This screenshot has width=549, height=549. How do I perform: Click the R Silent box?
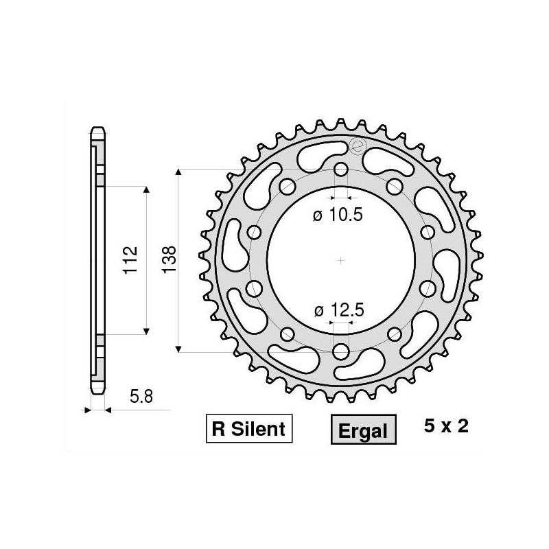point(248,430)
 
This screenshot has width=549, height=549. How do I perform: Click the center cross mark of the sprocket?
point(341,260)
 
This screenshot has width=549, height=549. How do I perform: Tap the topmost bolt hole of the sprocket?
point(341,170)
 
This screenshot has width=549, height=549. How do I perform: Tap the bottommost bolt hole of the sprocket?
point(341,351)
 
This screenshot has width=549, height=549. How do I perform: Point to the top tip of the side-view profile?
point(97,128)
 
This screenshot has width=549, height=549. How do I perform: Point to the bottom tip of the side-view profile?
point(97,393)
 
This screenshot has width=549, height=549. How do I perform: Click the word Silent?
point(259,430)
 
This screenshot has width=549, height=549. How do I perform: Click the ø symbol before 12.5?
point(318,311)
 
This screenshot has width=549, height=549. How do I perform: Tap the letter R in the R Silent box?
point(219,430)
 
